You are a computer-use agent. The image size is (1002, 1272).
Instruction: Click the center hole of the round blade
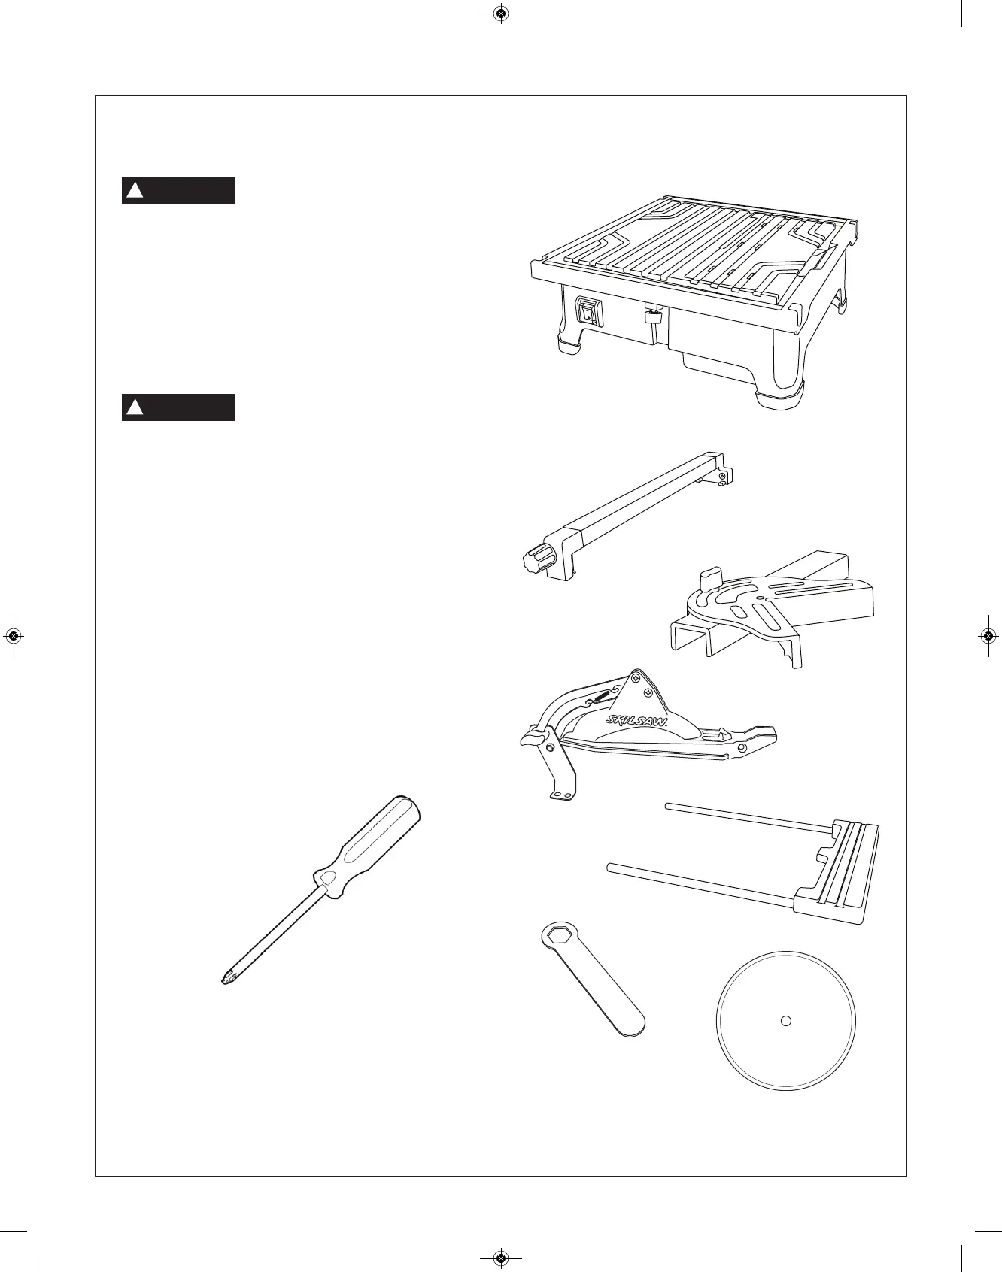785,1020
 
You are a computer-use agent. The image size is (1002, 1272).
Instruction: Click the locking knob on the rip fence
536,559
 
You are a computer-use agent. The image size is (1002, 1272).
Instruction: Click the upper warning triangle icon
135,191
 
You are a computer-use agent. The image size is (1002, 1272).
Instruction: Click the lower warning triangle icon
135,407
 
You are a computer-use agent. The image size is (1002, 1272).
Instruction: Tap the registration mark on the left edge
13,636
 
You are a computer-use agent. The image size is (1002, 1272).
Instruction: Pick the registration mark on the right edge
988,636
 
